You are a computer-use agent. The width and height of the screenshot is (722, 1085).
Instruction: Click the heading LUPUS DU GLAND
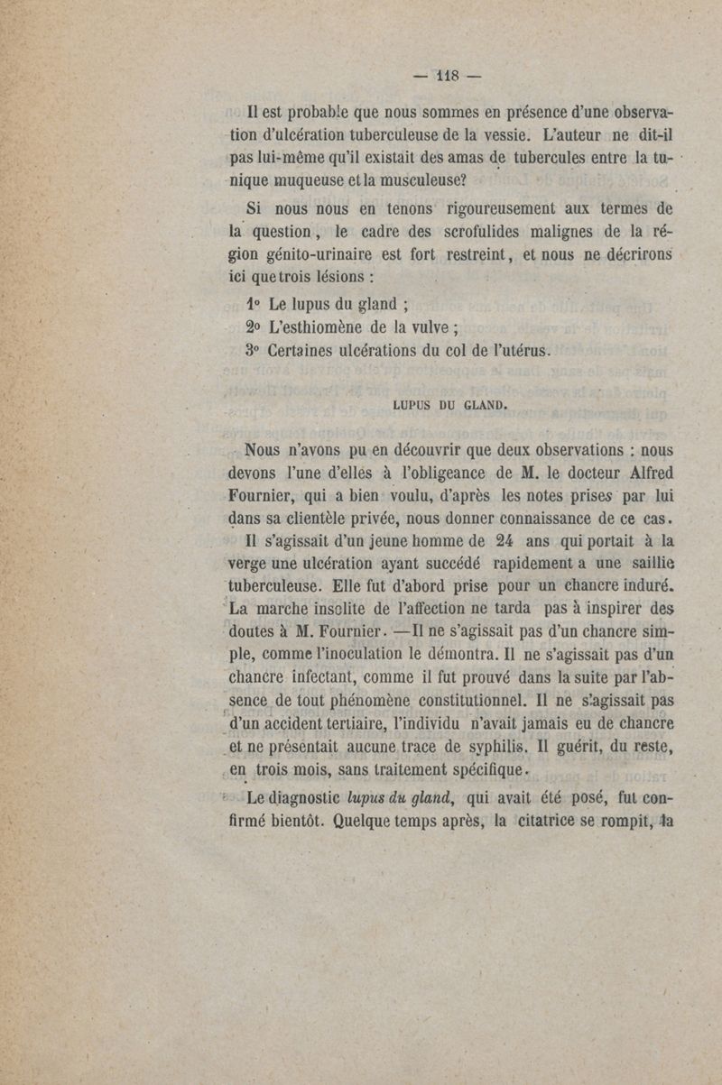pos(449,404)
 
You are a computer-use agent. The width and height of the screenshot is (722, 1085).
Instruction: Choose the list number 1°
pos(253,304)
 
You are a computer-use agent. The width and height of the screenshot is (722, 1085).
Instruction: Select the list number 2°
pos(253,328)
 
